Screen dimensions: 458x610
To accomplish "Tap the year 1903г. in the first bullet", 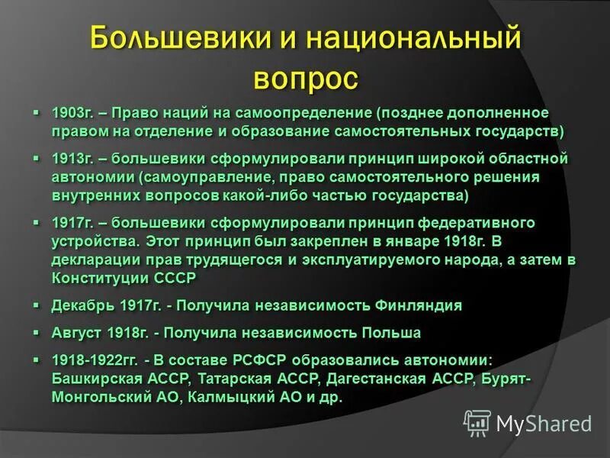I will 72,113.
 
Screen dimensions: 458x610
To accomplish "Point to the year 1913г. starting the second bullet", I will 72,160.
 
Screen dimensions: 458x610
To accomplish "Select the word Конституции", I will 97,278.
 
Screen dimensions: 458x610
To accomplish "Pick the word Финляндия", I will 419,306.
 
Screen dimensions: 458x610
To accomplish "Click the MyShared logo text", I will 544,423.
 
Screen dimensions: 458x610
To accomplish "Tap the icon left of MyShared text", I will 477,422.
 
